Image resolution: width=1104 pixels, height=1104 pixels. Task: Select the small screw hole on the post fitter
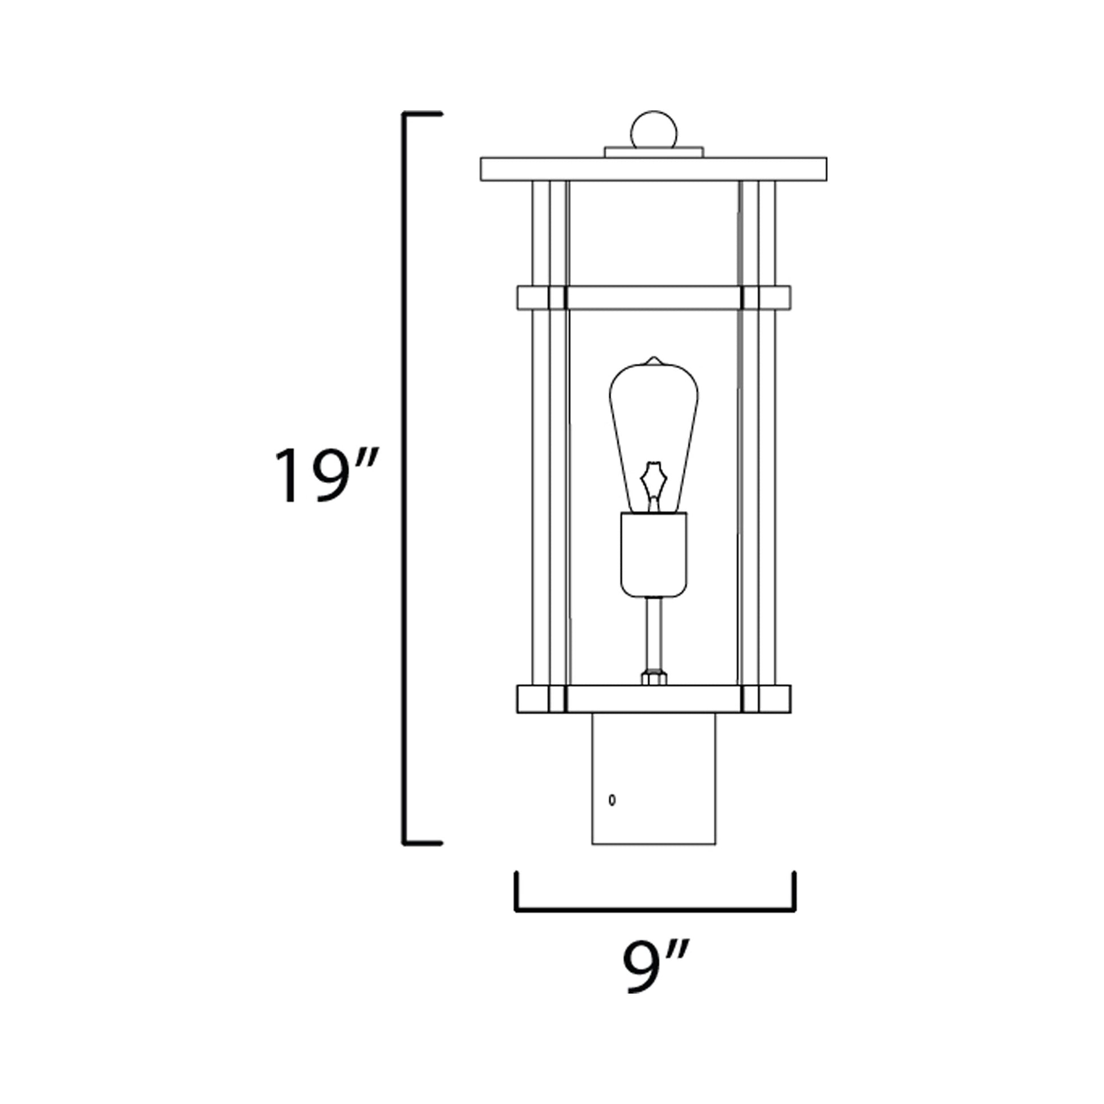tap(612, 800)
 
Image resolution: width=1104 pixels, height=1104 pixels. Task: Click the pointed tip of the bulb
tap(654, 360)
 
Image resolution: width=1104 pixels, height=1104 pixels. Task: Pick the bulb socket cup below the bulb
tap(654, 555)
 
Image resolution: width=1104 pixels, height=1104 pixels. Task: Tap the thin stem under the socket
tap(654, 634)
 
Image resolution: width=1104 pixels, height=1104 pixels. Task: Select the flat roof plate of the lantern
tap(654, 169)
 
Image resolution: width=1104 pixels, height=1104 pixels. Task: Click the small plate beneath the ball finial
tap(654, 152)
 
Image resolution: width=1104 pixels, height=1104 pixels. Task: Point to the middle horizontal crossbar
tap(654, 298)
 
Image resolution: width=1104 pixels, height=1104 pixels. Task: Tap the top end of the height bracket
tap(423, 114)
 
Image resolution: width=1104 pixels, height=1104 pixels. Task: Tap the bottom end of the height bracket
tap(423, 844)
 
